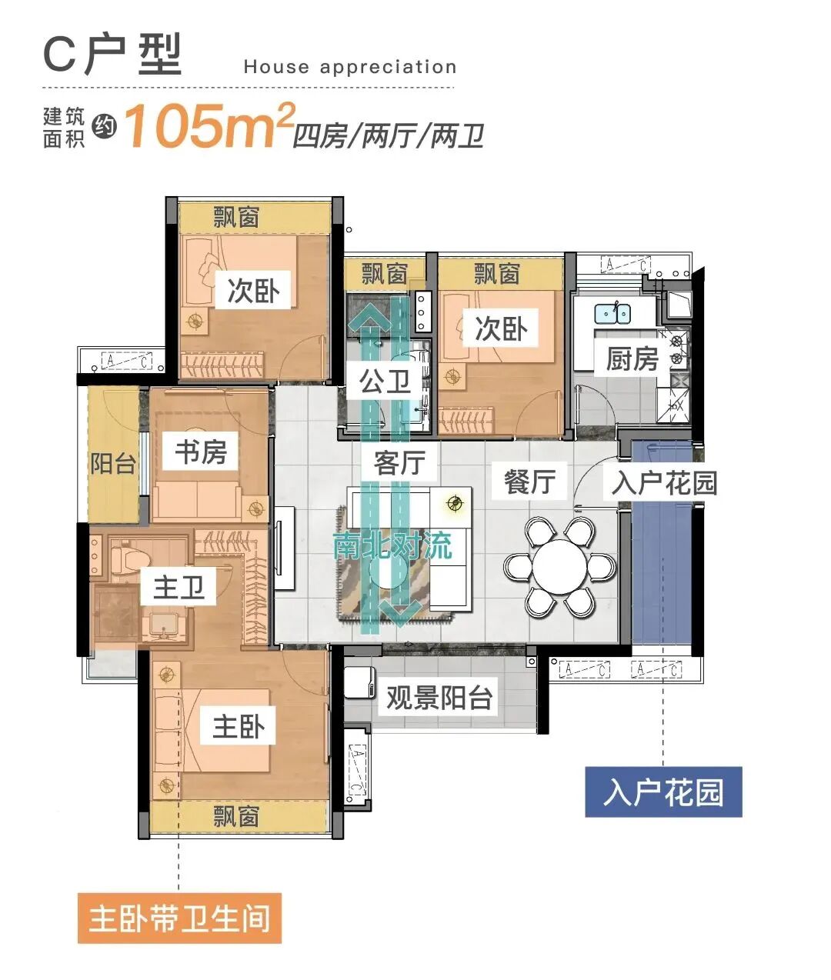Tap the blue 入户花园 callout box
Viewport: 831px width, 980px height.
663,792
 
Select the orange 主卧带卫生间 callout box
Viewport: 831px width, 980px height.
179,918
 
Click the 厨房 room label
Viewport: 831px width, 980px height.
632,358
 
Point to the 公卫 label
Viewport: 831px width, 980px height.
385,381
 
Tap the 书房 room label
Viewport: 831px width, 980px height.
201,452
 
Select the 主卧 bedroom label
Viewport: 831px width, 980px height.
239,725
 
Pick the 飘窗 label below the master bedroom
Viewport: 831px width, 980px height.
236,816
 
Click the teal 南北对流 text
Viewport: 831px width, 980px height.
392,545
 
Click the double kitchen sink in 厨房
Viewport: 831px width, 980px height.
612,313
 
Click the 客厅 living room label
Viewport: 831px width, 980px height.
399,463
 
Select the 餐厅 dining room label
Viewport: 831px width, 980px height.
529,481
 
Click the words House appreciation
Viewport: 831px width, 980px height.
350,67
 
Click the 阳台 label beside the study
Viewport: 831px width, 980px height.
113,464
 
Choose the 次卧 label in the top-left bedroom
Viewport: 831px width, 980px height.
253,291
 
